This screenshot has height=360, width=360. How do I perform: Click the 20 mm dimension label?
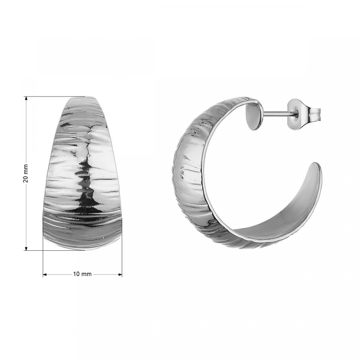(x=26, y=173)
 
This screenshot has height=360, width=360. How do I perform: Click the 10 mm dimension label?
(x=82, y=274)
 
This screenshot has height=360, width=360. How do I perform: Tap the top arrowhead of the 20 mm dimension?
(x=26, y=98)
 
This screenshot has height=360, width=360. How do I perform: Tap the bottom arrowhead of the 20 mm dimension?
(x=26, y=249)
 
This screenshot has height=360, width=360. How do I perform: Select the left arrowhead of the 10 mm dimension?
(x=45, y=274)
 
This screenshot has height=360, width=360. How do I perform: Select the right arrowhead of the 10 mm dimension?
(x=120, y=274)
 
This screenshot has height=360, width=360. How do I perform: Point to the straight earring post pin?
(x=278, y=113)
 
